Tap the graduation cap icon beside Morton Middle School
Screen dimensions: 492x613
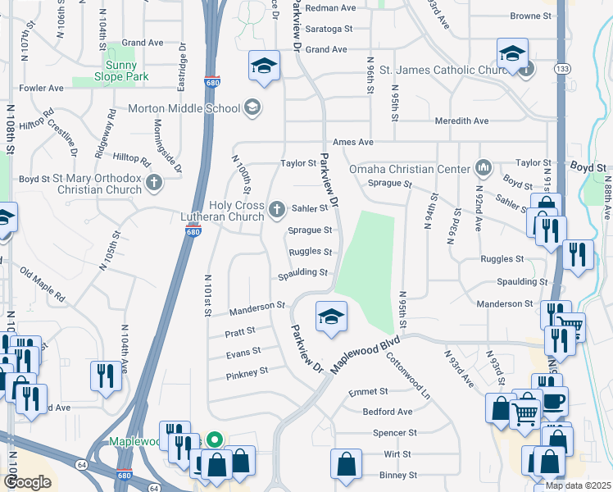[252, 108]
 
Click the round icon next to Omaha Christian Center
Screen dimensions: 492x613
[484, 169]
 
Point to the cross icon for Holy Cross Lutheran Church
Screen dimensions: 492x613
[277, 211]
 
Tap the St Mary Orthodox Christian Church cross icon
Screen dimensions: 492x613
[153, 184]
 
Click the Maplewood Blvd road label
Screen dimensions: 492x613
[366, 353]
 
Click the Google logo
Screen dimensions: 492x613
[27, 481]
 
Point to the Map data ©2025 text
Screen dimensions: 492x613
[577, 485]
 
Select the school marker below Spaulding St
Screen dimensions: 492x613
[331, 317]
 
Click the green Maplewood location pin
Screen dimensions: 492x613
[215, 440]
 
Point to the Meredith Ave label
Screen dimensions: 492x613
[462, 121]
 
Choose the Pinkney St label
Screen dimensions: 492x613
[247, 371]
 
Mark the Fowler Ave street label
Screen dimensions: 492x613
[43, 88]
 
